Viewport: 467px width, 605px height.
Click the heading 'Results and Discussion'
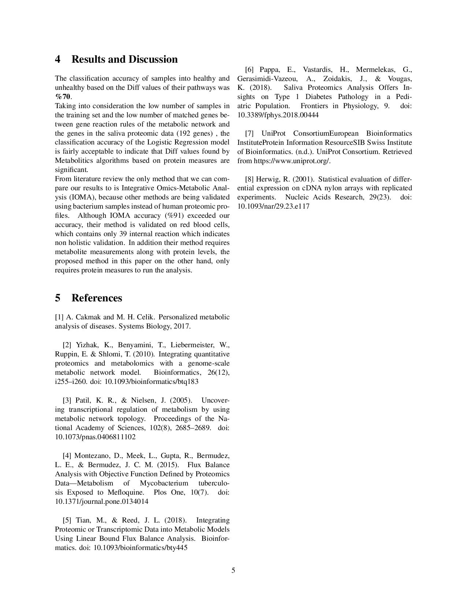124,59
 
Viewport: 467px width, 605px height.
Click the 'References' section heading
97,298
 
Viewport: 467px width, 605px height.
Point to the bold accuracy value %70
63,97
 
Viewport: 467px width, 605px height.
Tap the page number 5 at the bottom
233,570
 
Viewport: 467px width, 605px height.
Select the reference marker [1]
59,317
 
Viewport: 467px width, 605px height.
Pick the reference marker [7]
249,133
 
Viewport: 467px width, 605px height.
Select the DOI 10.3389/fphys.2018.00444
278,115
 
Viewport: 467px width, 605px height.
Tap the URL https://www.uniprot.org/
292,161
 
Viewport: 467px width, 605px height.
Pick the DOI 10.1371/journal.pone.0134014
101,502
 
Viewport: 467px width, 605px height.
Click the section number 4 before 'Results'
58,59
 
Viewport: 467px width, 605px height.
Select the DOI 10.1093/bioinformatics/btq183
151,382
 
